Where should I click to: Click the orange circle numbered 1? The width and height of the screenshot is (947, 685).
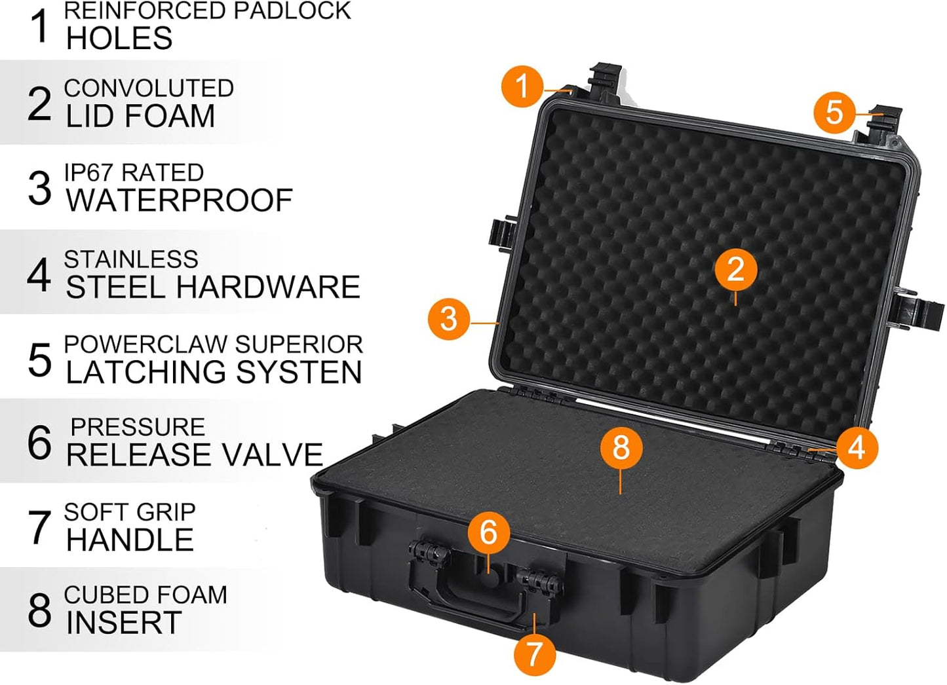tap(522, 86)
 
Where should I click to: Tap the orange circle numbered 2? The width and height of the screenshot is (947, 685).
tap(735, 270)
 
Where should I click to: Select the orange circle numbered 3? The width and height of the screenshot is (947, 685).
tap(449, 319)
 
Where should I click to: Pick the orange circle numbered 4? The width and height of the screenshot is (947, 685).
tap(857, 448)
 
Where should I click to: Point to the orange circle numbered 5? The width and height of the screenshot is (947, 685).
tap(834, 112)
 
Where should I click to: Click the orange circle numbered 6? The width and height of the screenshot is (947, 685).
tap(488, 532)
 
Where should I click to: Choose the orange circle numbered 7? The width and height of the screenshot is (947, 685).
tap(534, 654)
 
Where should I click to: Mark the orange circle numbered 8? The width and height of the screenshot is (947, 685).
tap(620, 448)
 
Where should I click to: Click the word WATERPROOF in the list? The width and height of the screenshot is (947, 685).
tap(179, 200)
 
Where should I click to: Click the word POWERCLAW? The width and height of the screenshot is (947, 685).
tap(145, 344)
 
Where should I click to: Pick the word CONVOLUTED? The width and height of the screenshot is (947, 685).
tap(149, 88)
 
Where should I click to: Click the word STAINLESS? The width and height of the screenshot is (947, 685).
tap(131, 260)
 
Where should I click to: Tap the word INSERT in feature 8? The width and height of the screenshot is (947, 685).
tap(124, 623)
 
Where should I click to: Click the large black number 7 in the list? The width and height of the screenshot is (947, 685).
tap(39, 527)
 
